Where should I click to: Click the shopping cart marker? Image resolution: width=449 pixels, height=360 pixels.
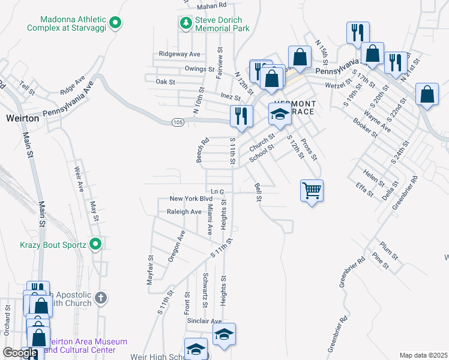tap(312, 191)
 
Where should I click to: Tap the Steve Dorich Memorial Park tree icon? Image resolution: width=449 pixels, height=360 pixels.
tap(185, 23)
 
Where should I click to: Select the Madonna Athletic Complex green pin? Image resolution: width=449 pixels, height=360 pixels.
tap(118, 23)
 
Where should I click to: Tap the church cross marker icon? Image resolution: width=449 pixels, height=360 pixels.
tap(101, 297)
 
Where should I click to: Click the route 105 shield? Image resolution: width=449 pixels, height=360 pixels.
tap(177, 122)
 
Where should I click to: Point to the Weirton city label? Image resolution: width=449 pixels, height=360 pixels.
tap(23, 118)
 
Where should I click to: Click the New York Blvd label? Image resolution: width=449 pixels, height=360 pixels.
tap(191, 199)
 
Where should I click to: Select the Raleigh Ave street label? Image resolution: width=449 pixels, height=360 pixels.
tap(184, 212)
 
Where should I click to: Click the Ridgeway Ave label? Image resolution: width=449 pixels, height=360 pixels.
tap(179, 54)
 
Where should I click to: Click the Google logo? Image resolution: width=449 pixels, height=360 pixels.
tap(20, 353)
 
